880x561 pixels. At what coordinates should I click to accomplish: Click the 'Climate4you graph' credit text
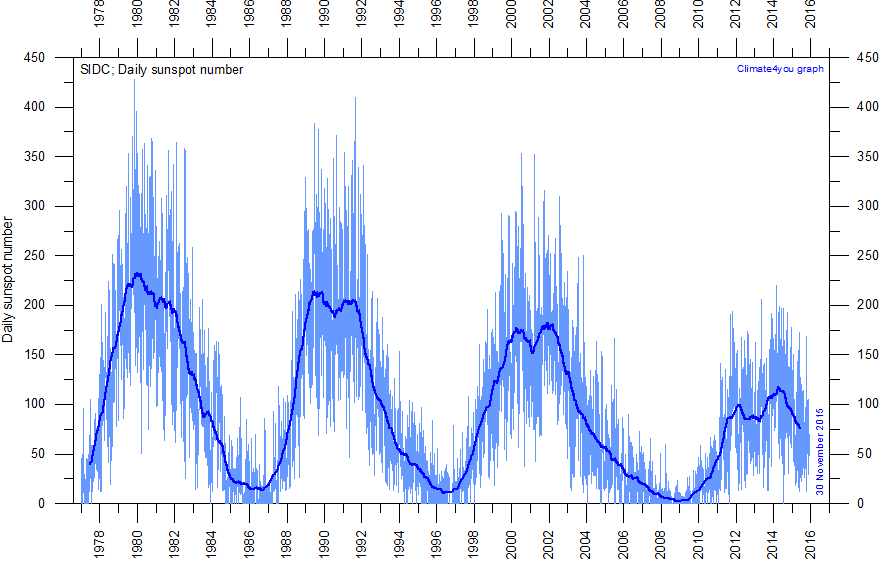pos(779,68)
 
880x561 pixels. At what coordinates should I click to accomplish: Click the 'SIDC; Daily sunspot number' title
pos(161,69)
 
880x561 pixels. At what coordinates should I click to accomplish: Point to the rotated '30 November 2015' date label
pos(819,451)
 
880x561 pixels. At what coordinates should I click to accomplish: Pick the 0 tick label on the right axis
pos(857,504)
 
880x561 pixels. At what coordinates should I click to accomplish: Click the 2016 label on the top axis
pos(811,18)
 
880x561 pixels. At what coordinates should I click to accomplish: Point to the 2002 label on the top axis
pos(549,18)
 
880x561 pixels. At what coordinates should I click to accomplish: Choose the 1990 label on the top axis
pos(324,18)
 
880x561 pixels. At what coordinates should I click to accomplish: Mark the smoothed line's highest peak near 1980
pos(138,273)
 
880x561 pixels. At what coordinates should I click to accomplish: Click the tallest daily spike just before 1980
pos(135,108)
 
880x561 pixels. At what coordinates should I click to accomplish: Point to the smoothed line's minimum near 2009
pos(680,500)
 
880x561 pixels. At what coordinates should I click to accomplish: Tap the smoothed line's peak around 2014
pos(777,388)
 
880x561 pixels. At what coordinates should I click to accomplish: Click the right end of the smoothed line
pos(799,428)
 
